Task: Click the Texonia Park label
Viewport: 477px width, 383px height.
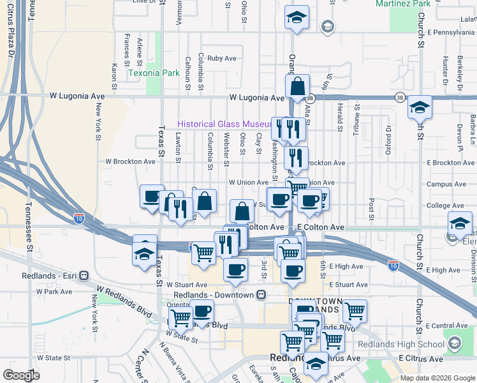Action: tap(154, 73)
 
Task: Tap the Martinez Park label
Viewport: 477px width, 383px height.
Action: tap(413, 4)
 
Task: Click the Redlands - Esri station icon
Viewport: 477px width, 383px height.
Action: tap(84, 276)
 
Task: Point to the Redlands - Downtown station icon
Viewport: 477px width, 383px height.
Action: tap(261, 295)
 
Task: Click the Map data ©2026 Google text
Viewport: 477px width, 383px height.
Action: tap(437, 378)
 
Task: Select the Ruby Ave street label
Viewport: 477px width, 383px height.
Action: tap(222, 58)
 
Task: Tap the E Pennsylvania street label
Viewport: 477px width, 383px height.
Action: tap(452, 31)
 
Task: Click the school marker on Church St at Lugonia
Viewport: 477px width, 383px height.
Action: tap(420, 107)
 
